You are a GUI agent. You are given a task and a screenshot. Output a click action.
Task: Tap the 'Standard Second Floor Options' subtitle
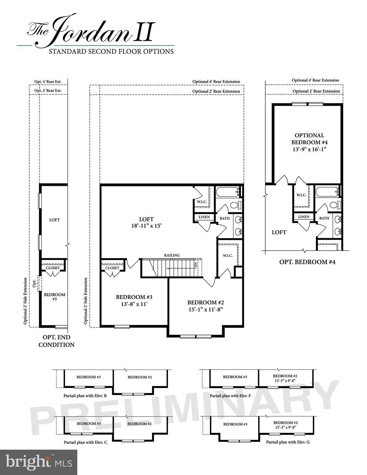[x=111, y=51]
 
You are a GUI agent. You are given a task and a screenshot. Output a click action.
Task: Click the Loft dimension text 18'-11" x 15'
[x=146, y=226]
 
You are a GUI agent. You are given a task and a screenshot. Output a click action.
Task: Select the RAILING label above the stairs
[x=172, y=255]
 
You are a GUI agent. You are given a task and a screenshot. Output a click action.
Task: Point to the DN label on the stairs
[x=196, y=265]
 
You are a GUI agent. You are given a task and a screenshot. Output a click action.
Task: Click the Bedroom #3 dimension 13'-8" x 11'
[x=134, y=304]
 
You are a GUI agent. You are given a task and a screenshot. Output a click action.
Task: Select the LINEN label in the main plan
[x=204, y=217]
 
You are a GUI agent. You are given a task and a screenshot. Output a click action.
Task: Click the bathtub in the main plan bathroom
[x=228, y=192]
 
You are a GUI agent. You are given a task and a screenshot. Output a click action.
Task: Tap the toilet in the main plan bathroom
[x=236, y=205]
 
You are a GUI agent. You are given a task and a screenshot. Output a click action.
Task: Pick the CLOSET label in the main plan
[x=112, y=268]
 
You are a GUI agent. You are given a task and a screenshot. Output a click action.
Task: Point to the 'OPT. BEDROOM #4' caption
[x=307, y=262]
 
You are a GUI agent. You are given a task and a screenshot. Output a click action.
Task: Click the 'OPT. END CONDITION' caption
[x=56, y=341]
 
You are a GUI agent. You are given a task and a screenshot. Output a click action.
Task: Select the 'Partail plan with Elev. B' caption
[x=85, y=396]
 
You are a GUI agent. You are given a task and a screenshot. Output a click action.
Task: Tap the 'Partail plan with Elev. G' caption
[x=288, y=442]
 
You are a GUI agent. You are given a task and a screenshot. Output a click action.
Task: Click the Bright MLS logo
[x=38, y=462]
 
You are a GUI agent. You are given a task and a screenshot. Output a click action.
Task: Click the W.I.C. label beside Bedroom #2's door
[x=228, y=256]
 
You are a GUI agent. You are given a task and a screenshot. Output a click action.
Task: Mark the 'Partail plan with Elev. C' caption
[x=85, y=442]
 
